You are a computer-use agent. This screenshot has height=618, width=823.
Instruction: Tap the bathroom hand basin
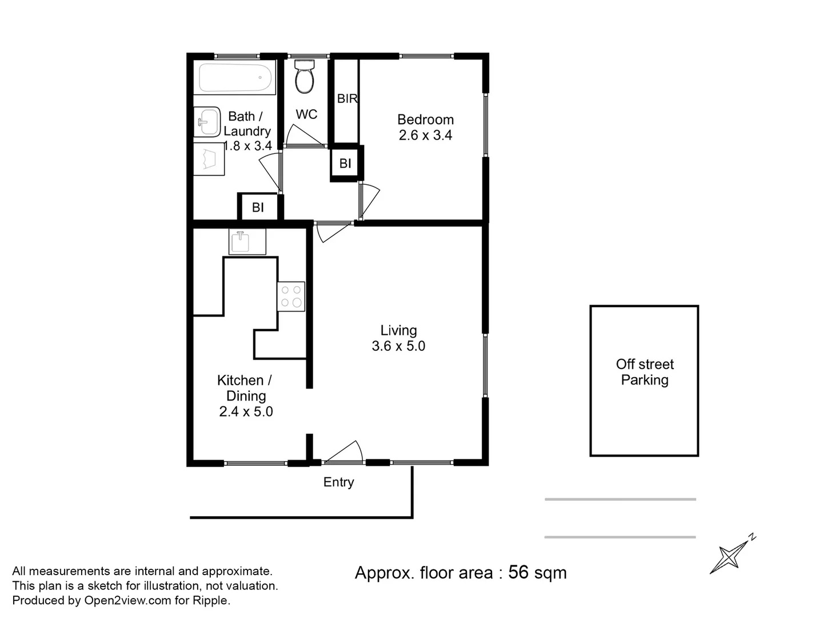point(207,122)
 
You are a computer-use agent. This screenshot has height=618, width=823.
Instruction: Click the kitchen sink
point(247,241)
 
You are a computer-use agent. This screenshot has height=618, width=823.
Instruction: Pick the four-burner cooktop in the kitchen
point(291,297)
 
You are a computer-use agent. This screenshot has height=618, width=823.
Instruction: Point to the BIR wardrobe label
point(347,98)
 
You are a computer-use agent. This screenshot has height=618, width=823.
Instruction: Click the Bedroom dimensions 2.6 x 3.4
point(425,136)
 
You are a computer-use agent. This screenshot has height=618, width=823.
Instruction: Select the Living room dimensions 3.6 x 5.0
point(398,346)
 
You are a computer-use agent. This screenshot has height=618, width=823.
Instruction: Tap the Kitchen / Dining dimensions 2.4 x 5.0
point(246,412)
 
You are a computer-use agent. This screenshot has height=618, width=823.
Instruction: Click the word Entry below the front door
point(338,482)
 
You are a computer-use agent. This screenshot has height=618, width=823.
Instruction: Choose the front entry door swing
point(345,452)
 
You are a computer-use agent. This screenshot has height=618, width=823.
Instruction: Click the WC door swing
point(303,136)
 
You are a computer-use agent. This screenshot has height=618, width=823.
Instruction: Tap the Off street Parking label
point(645,372)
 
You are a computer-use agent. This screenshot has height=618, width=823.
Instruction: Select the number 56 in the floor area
point(518,572)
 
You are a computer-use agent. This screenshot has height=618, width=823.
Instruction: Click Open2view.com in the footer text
point(127,601)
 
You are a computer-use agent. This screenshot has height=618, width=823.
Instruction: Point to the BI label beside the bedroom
point(345,164)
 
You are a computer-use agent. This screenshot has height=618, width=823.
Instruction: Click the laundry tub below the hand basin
point(209,159)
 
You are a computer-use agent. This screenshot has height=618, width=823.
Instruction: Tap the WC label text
point(306,114)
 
